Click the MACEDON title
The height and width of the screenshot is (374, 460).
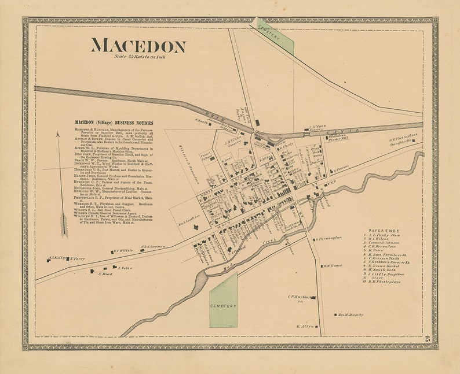(x=138, y=46)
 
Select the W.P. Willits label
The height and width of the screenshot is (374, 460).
(x=123, y=250)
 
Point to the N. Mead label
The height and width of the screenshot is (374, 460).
(x=104, y=273)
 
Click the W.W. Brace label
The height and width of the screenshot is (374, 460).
(x=335, y=266)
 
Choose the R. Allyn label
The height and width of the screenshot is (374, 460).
(x=305, y=326)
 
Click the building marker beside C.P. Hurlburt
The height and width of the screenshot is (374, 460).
(x=313, y=297)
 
